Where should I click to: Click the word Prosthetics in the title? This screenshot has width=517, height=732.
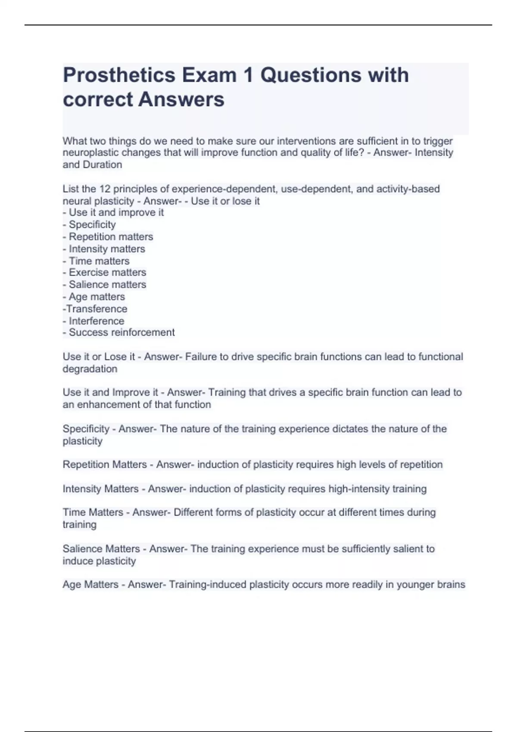click(119, 75)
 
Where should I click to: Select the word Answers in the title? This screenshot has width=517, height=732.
click(181, 99)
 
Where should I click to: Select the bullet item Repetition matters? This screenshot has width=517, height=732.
click(111, 237)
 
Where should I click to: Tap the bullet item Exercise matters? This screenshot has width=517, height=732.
click(107, 273)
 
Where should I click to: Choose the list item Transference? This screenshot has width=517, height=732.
click(97, 309)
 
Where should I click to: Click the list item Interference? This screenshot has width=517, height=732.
click(96, 321)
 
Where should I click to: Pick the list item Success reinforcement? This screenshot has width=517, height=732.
click(121, 332)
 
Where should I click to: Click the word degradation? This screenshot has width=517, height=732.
click(90, 369)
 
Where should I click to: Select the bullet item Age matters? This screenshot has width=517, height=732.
click(97, 297)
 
